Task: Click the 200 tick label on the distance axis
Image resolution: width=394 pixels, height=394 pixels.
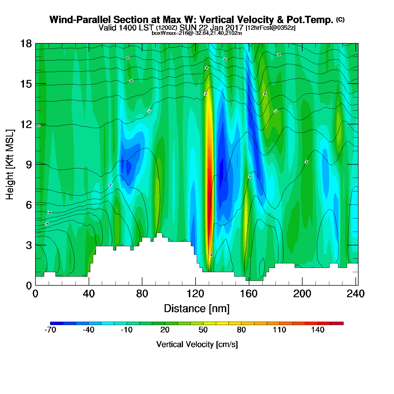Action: click(302, 294)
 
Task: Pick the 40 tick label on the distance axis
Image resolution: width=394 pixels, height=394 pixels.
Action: click(89, 294)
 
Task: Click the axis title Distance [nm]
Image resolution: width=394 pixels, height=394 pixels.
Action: click(197, 309)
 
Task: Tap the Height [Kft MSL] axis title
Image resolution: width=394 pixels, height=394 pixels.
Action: click(10, 165)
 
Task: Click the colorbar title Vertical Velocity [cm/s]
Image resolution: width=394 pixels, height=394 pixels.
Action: click(197, 344)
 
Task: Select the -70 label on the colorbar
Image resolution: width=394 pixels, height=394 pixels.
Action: click(50, 330)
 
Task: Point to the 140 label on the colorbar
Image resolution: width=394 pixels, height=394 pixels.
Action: click(318, 330)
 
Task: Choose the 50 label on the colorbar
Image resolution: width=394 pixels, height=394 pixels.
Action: click(203, 330)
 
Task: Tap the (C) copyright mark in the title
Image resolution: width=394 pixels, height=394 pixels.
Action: click(340, 19)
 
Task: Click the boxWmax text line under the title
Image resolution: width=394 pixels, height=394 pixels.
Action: click(197, 33)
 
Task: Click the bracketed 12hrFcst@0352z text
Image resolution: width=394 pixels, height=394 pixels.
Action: click(270, 28)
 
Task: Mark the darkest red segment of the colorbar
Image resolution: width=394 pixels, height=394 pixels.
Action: click(337, 323)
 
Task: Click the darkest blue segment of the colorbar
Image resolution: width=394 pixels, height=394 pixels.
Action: click(57, 323)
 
